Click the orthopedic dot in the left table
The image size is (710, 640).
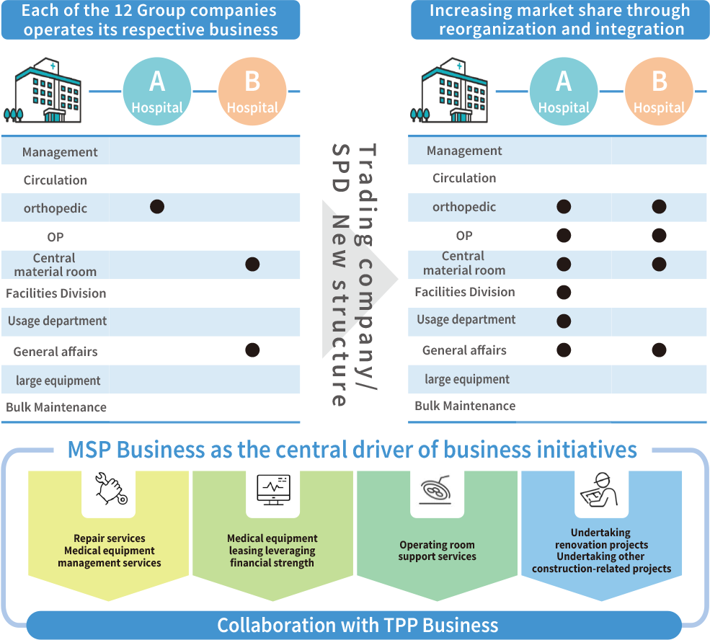(157, 207)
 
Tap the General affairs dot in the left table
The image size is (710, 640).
(252, 350)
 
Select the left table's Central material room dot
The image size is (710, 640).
(252, 264)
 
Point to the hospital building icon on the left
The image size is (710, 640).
(48, 93)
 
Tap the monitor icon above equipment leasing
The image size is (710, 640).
(273, 489)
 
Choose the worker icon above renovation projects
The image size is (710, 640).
(600, 491)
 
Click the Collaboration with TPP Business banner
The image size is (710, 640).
(358, 625)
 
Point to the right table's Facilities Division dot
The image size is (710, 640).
(564, 292)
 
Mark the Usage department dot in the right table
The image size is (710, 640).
(564, 321)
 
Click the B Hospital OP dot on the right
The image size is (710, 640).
(659, 235)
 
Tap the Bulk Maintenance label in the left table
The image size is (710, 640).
(56, 407)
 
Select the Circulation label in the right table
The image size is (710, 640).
(464, 178)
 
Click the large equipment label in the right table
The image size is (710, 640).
(467, 379)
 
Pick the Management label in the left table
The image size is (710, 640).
(60, 152)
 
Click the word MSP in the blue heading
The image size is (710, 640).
(90, 450)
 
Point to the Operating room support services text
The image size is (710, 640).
(437, 551)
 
